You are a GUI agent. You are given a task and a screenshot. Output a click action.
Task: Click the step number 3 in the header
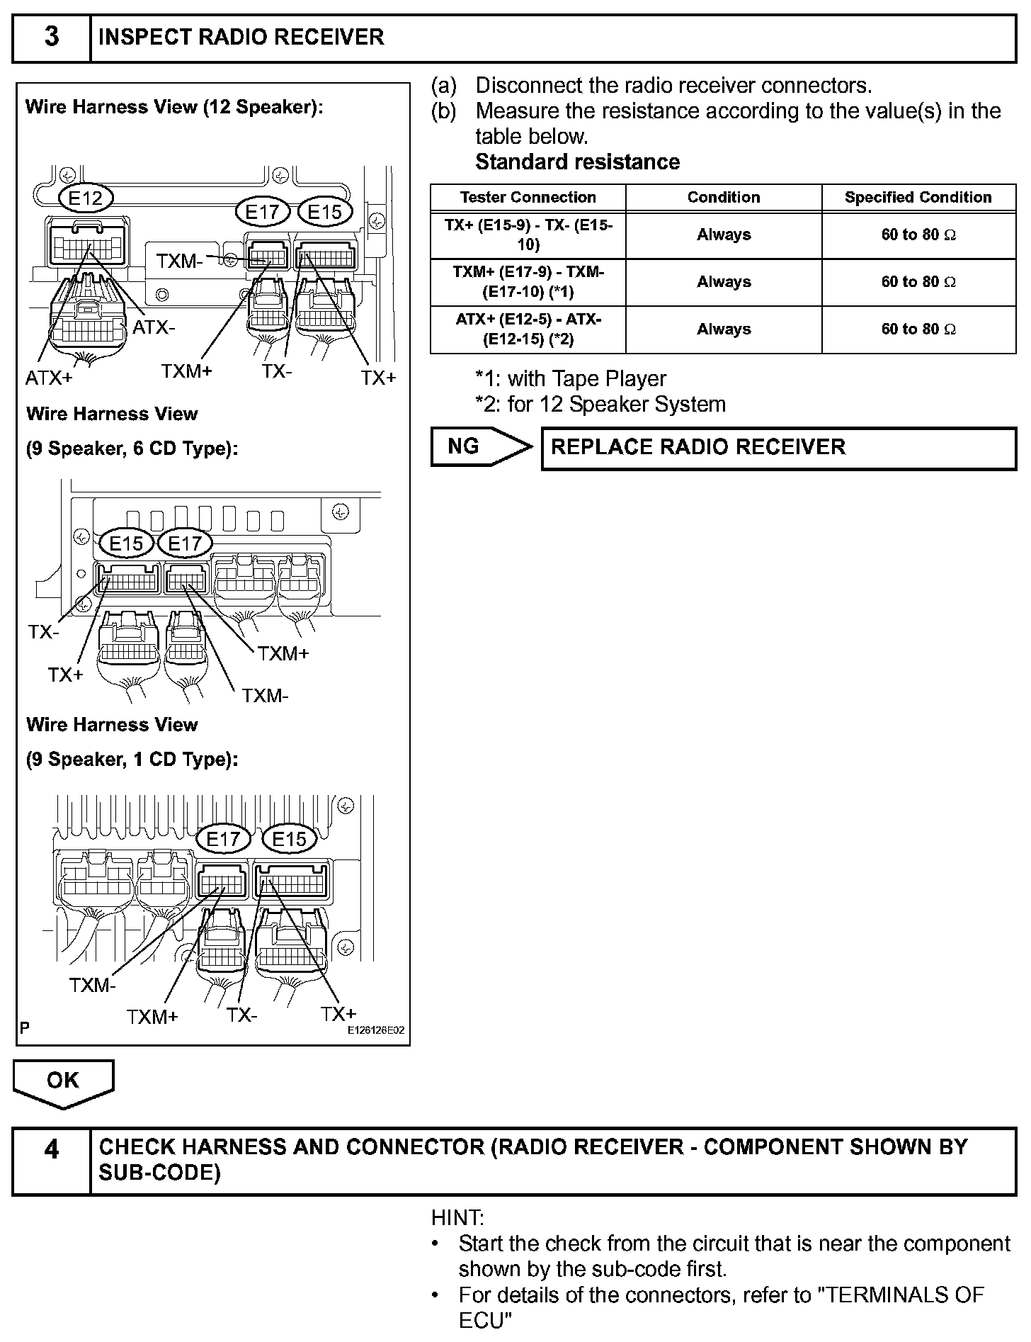point(52,37)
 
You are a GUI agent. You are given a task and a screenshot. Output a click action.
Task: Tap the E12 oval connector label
point(86,198)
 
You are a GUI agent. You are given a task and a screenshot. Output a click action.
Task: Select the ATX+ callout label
point(49,378)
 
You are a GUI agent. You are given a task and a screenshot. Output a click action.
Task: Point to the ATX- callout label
point(154,327)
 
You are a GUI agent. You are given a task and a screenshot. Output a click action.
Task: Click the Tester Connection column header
point(528,198)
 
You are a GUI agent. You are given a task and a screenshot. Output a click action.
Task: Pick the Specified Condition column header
point(918,198)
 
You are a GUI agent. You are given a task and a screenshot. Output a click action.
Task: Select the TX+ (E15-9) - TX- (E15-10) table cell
point(528,235)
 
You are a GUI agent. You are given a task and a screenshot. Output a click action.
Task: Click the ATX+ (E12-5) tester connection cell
point(528,329)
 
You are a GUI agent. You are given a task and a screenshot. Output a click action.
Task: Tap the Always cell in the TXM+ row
point(723,282)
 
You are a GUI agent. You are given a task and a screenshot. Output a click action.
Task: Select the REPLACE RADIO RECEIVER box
point(778,447)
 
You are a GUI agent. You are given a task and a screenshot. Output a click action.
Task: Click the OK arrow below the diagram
point(63,1081)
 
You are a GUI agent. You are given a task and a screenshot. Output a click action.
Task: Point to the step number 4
point(52,1149)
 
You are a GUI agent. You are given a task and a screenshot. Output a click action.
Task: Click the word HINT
point(457,1218)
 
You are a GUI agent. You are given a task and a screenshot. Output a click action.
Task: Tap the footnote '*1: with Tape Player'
point(571,379)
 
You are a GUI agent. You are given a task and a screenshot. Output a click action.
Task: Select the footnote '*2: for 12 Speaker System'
point(600,405)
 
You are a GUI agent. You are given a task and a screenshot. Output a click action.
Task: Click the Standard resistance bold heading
point(577,162)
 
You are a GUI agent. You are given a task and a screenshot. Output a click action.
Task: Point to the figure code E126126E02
point(375,1031)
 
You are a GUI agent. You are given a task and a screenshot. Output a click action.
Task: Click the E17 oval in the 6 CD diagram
point(185,543)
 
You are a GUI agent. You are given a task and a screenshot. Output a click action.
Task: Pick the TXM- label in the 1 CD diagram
point(92,985)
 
